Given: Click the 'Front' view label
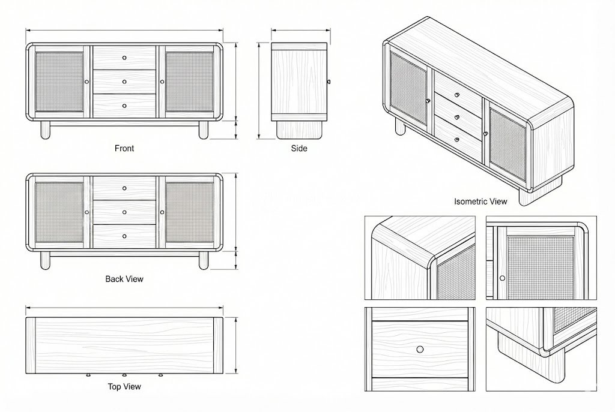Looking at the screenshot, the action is tap(124, 149).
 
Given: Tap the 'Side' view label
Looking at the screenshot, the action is tap(299, 149).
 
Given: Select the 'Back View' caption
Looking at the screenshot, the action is tap(124, 279).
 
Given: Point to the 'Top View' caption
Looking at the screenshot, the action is tap(124, 387).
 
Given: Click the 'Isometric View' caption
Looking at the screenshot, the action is tap(480, 202).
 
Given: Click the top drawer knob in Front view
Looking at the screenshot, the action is tap(124, 58).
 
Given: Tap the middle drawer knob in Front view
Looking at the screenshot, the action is tap(124, 82).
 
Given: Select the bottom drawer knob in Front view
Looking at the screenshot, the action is tap(124, 106).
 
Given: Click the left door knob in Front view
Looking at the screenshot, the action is tap(87, 82).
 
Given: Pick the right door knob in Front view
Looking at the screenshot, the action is tap(162, 82).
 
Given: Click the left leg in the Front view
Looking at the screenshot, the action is tap(46, 130).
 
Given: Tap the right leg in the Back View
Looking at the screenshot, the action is tap(203, 260).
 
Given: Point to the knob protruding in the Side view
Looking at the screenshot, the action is tap(329, 82).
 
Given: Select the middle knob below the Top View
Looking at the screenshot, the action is tap(124, 375).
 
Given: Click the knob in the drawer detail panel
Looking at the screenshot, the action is tap(420, 349).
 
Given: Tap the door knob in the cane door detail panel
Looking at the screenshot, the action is tap(503, 278).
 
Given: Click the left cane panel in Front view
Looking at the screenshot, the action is tap(59, 82).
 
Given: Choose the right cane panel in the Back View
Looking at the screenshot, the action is tap(189, 212).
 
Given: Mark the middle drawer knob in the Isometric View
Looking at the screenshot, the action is tap(457, 117).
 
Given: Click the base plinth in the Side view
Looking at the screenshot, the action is tap(300, 130).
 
